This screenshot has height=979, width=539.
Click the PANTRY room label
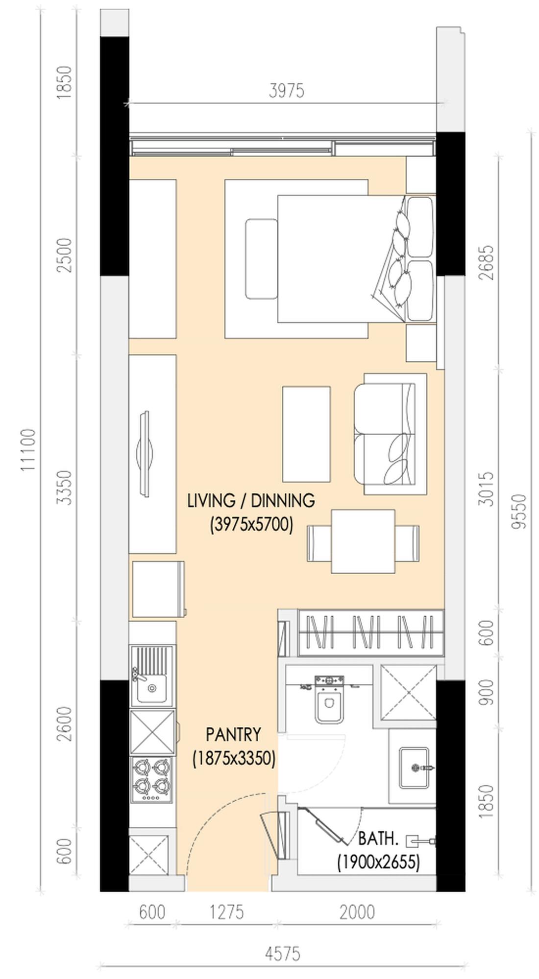click(x=233, y=734)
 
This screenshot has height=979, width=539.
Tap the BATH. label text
click(x=378, y=839)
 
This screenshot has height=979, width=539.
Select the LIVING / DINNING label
click(x=251, y=500)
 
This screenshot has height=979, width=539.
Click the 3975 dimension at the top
click(x=287, y=91)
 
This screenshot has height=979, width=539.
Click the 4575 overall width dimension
click(x=283, y=954)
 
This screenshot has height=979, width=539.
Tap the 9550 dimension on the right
click(x=518, y=511)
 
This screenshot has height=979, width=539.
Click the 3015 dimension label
click(x=486, y=489)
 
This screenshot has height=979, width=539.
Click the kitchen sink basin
click(x=151, y=688)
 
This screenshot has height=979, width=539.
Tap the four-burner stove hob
click(x=152, y=780)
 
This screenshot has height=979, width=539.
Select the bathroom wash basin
click(x=414, y=768)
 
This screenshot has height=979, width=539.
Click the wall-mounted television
click(x=145, y=454)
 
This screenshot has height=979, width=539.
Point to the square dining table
click(x=363, y=541)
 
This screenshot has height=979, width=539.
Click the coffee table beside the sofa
click(x=306, y=434)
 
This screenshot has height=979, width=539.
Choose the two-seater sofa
click(x=390, y=434)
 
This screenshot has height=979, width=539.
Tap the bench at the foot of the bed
click(x=262, y=259)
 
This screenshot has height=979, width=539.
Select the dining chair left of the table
click(x=319, y=543)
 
